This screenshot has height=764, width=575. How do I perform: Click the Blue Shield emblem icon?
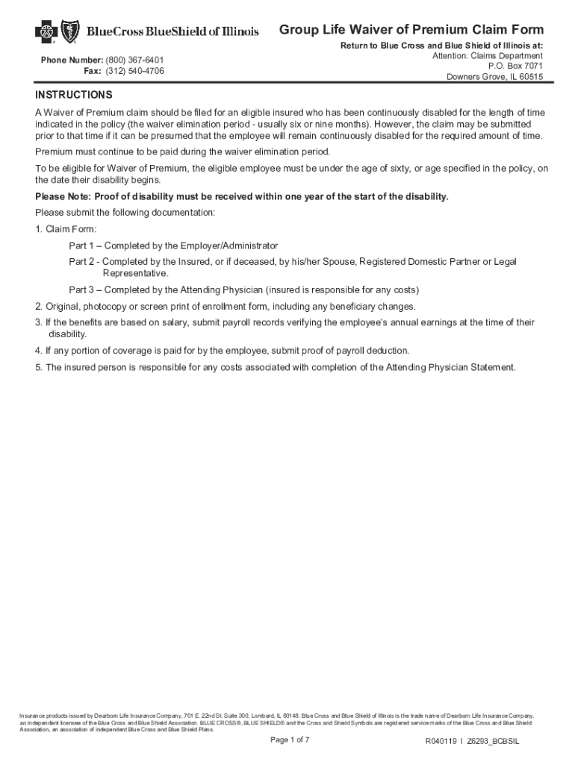point(72,31)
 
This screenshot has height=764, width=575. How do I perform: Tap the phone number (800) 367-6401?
point(134,60)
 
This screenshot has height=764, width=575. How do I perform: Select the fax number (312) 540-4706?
point(134,71)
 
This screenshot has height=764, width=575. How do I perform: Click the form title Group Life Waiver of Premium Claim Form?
point(411,30)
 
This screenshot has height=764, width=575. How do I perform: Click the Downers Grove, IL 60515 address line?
point(494,78)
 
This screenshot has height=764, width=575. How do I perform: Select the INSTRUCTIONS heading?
point(74,95)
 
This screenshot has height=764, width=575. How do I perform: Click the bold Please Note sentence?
point(242,197)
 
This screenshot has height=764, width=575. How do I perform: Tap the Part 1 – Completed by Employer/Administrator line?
point(173,245)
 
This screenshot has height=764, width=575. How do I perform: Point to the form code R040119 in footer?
point(441,742)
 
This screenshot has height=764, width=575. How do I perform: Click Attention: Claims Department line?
point(488,56)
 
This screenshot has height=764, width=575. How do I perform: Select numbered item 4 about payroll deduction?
point(222,351)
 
